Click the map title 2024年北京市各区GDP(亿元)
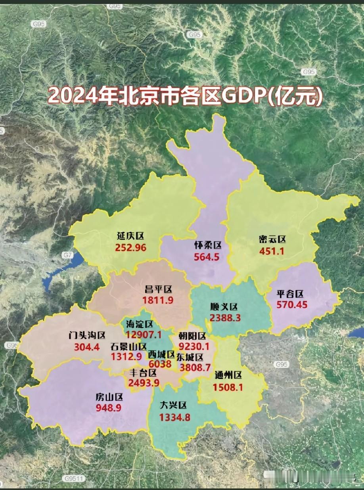(185, 95)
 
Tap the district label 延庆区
(130, 236)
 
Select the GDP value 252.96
(131, 248)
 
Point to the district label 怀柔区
(208, 246)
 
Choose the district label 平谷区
(290, 294)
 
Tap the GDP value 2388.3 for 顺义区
(225, 318)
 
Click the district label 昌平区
(158, 289)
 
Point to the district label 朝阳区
(192, 337)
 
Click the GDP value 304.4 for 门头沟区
(86, 347)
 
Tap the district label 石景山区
(128, 346)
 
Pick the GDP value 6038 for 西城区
(160, 364)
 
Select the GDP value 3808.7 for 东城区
(195, 367)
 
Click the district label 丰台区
(143, 373)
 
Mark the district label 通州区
(228, 375)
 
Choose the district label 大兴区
(173, 406)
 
